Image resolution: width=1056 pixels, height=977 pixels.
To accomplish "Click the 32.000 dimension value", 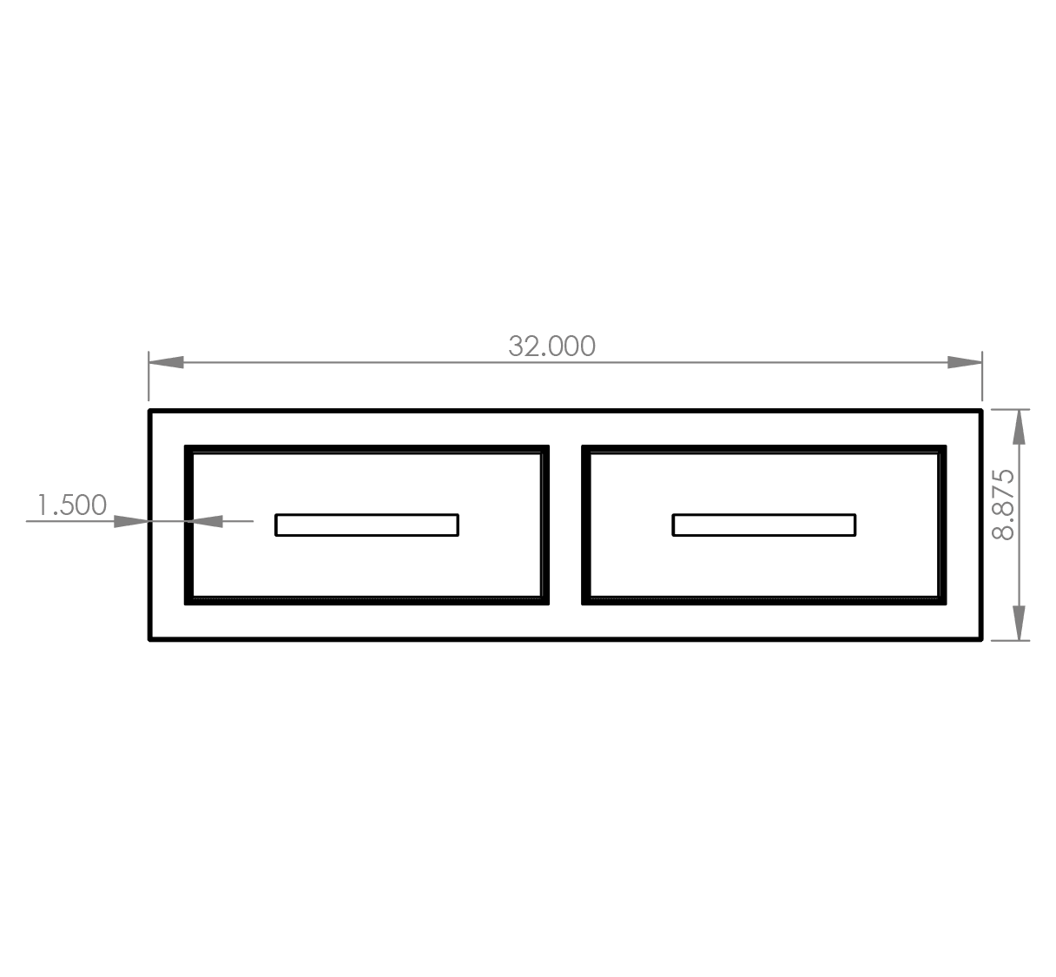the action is (551, 347).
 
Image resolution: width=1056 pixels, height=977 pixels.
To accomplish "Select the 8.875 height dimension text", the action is (1004, 505).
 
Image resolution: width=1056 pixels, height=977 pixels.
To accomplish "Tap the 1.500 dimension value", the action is (72, 505).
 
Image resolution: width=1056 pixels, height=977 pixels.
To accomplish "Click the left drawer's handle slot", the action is (366, 525).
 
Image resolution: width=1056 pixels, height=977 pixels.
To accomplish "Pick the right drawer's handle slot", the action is (764, 525).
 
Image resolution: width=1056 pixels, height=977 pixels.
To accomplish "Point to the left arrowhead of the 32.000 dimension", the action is (166, 363).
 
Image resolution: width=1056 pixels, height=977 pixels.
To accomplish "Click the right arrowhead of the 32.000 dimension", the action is (965, 363).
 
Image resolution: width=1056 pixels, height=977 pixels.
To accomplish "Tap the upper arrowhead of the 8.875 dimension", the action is (1019, 427).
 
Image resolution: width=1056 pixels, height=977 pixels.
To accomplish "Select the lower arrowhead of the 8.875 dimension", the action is (1019, 623).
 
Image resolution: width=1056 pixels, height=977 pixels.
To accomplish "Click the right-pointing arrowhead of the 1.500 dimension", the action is (131, 521).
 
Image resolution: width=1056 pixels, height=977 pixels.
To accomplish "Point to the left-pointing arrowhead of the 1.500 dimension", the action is (205, 521).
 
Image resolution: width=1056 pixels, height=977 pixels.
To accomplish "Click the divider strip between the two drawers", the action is (565, 525).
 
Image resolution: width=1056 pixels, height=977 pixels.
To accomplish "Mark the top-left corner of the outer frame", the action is (149, 410).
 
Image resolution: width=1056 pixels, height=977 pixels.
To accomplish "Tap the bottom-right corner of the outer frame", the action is (981, 640).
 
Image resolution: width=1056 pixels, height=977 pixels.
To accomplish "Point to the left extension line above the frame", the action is (148, 375).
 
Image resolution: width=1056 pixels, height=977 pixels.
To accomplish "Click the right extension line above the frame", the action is (982, 375).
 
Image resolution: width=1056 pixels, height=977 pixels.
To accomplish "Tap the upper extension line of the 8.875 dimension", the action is (1010, 409).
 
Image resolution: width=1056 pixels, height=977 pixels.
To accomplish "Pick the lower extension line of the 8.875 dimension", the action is (1010, 640).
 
